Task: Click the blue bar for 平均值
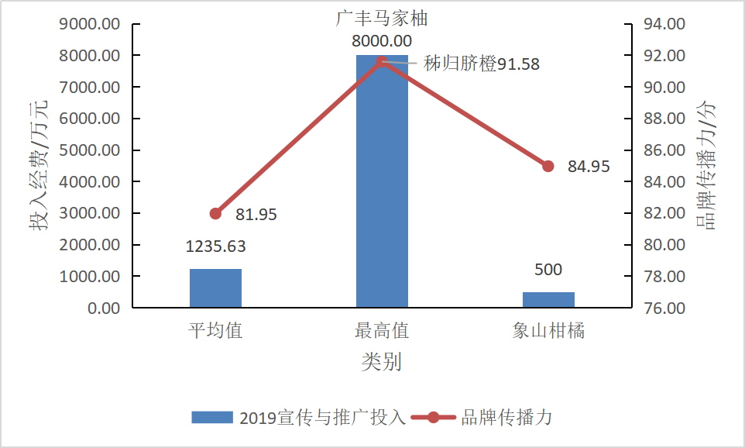(215, 288)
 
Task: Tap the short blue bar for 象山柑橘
(548, 300)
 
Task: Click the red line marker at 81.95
(215, 214)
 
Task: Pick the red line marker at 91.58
(382, 62)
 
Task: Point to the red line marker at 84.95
(548, 166)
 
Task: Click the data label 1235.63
(215, 246)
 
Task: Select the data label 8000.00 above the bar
(382, 41)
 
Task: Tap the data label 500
(548, 270)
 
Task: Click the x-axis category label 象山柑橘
(548, 331)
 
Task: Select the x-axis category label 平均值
(215, 331)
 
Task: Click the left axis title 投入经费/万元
(39, 166)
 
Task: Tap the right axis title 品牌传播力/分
(706, 164)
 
